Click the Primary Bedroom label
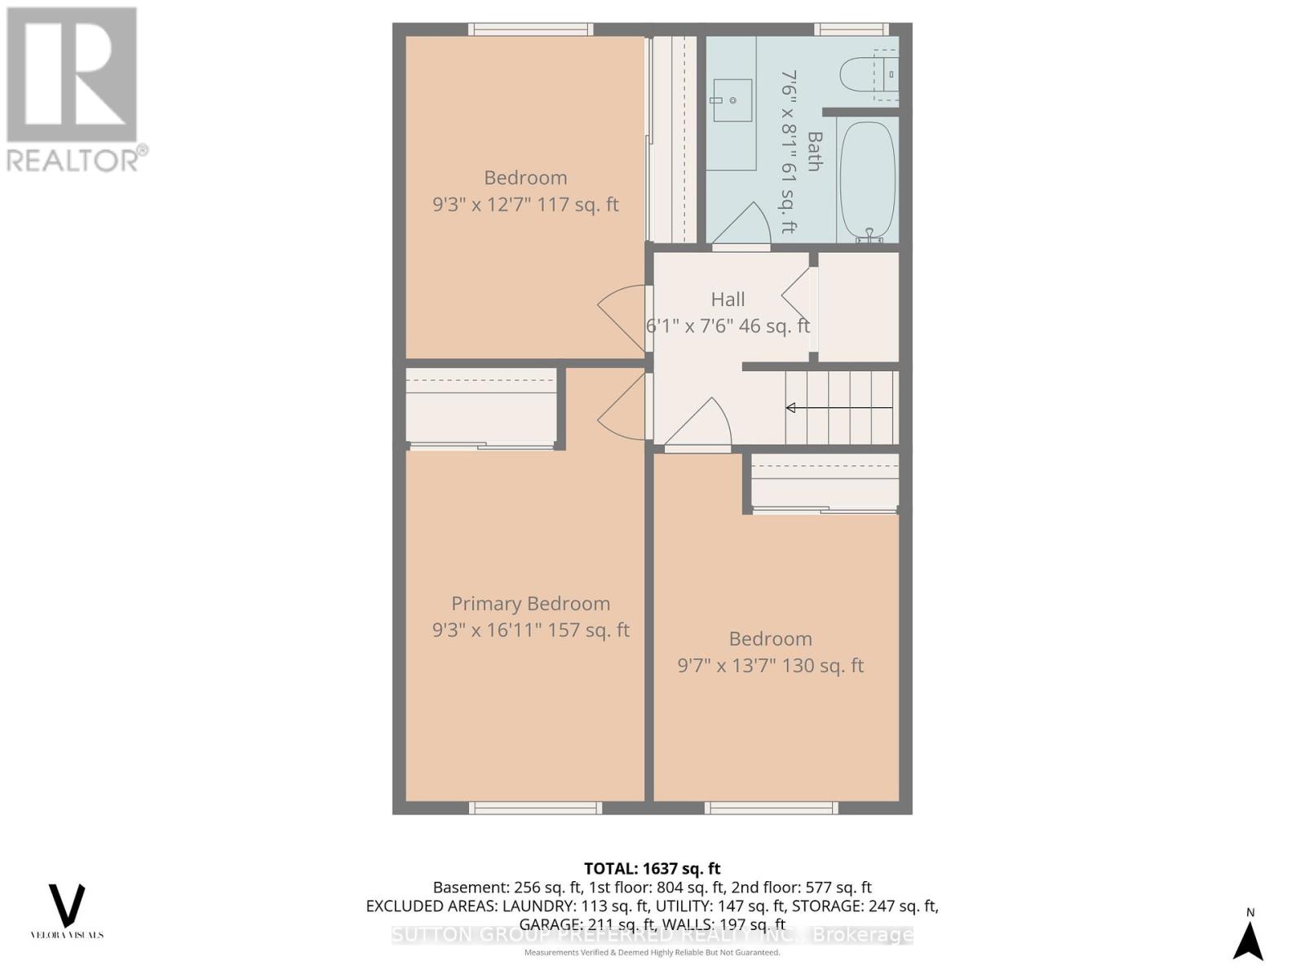(x=530, y=604)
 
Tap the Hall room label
(x=728, y=299)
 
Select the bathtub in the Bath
(x=867, y=179)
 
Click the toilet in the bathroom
(x=865, y=75)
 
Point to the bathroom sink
(x=731, y=100)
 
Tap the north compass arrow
(x=1248, y=940)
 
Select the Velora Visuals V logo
(x=67, y=906)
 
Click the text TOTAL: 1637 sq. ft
(x=652, y=869)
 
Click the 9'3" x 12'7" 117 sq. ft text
(x=525, y=204)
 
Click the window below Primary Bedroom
(x=535, y=808)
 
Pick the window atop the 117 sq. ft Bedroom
(x=530, y=29)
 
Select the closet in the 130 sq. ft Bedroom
(x=824, y=483)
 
